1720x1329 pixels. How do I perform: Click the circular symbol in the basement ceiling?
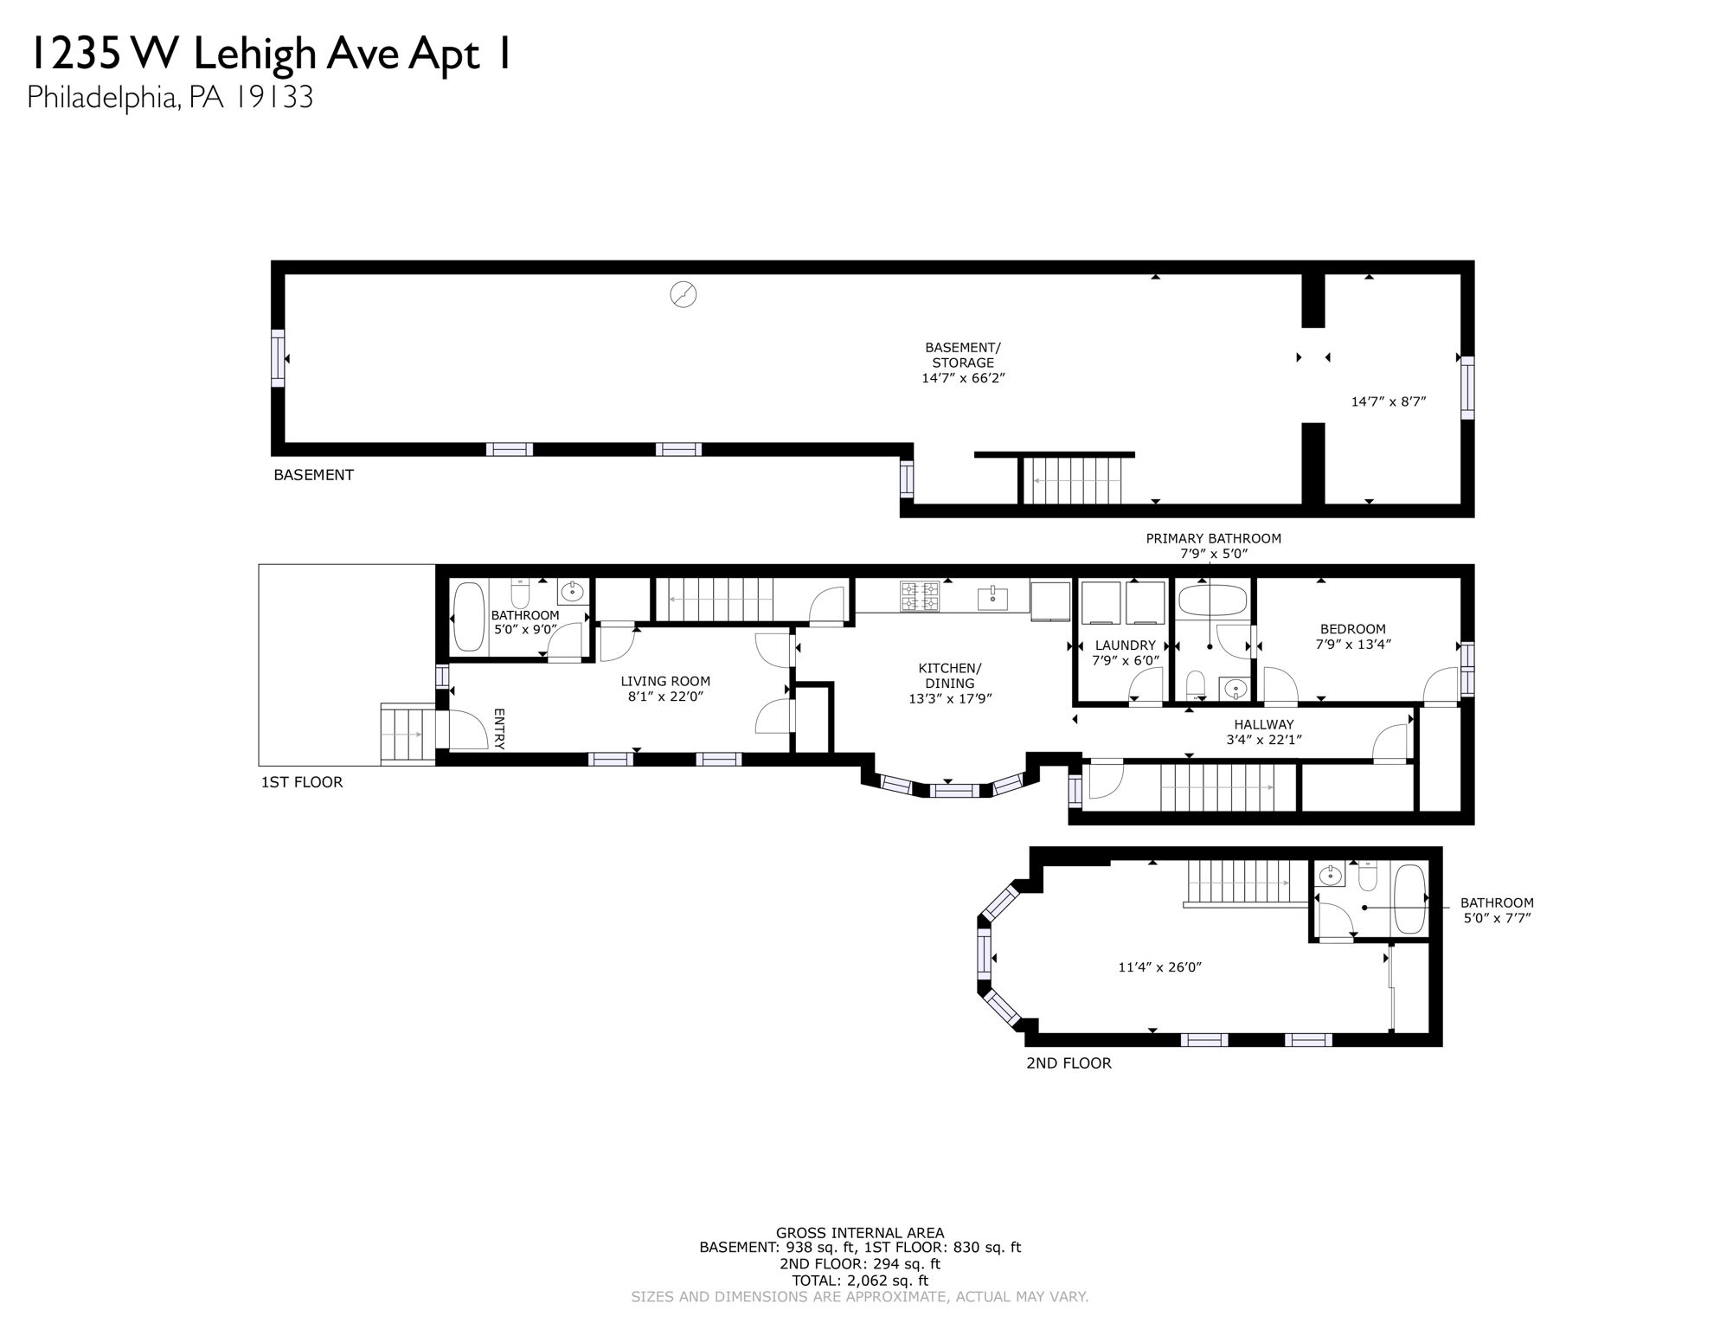coord(684,294)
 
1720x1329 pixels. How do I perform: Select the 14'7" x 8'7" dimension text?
coord(1388,401)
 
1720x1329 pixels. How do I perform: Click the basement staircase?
coord(1073,480)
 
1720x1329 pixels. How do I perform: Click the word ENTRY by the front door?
coord(499,729)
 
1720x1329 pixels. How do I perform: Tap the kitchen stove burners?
coord(920,596)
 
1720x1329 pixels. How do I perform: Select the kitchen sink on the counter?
coord(992,596)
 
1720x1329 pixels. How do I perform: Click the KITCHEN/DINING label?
coord(949,676)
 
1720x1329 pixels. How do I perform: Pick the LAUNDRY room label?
coord(1125,645)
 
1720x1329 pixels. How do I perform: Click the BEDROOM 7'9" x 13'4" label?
coord(1352,636)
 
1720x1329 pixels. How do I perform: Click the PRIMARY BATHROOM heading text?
coord(1213,538)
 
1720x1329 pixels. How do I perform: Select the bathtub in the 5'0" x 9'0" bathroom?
coord(469,616)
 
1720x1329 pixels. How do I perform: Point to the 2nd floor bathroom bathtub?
coord(1410,899)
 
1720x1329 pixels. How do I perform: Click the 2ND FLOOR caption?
coord(1068,1063)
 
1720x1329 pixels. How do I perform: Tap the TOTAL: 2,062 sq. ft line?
coord(859,1281)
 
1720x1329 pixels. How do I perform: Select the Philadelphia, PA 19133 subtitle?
coord(170,97)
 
